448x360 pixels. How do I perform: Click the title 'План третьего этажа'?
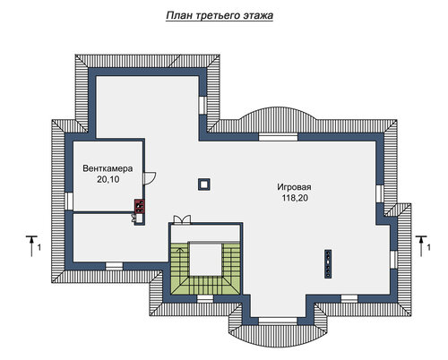[220, 15]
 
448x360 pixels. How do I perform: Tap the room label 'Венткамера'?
[108, 168]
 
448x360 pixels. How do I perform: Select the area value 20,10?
[108, 179]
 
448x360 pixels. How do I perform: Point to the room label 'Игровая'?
[294, 187]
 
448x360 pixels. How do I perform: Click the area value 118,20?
[295, 198]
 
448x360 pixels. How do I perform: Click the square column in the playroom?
[204, 184]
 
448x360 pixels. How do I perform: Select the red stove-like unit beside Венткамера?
[140, 206]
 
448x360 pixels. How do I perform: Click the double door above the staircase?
[182, 219]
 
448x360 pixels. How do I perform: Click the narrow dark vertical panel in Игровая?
[328, 264]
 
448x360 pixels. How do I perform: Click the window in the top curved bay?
[279, 137]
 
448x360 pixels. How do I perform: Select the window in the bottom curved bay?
[278, 321]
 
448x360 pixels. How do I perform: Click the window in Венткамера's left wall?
[69, 201]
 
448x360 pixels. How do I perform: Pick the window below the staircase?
[205, 298]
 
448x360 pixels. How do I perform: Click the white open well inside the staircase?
[206, 259]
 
